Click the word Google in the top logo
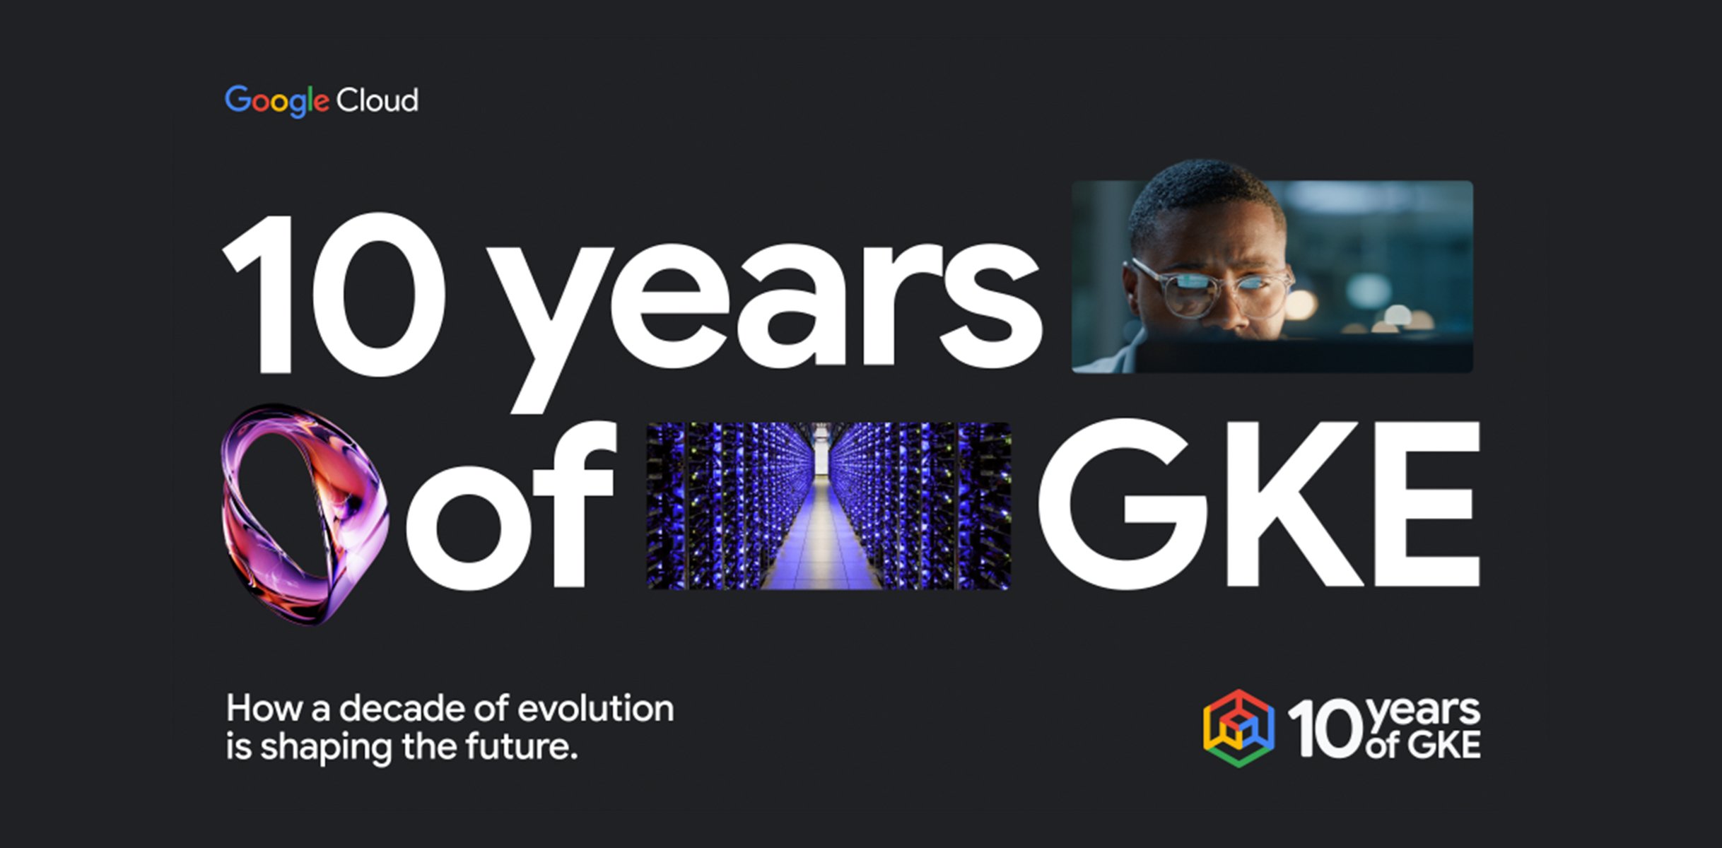click(x=276, y=101)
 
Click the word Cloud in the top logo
click(x=377, y=101)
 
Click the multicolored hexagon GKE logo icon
click(x=1238, y=729)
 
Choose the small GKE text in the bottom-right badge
click(x=1442, y=746)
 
